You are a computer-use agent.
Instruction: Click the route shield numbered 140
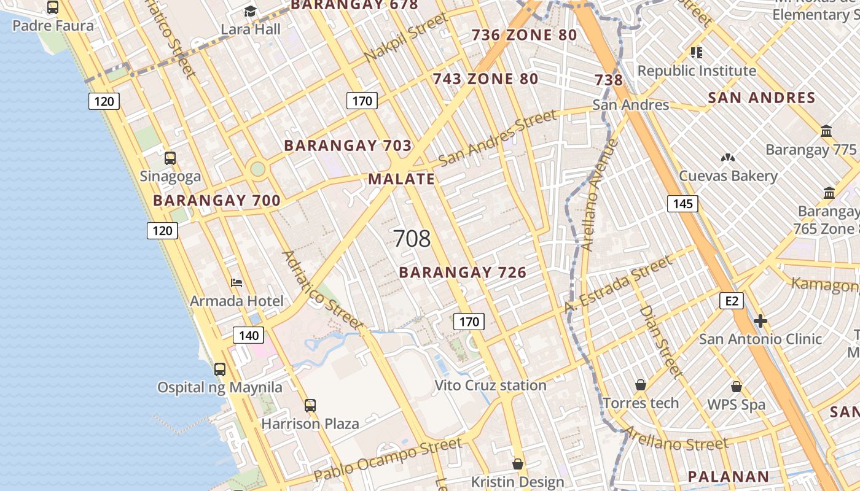249,335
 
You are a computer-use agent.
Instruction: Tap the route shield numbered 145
682,204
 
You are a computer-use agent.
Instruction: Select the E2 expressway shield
732,301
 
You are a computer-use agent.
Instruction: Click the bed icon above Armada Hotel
237,283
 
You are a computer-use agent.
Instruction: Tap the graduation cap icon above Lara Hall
250,11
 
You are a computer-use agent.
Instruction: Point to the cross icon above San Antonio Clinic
760,321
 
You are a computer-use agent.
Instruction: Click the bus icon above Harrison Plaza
310,406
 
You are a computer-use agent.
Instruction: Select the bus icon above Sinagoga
170,158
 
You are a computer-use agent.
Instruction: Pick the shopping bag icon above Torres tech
641,385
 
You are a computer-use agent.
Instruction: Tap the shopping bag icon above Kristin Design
518,463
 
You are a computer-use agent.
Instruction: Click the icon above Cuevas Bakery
728,158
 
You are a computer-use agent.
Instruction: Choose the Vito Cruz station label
490,385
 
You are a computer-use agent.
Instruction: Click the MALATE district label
402,179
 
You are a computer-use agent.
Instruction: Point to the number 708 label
412,239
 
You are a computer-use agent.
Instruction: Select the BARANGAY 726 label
463,273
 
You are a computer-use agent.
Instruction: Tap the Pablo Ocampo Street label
388,460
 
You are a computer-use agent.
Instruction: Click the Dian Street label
661,341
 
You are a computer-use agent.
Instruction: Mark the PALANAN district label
728,476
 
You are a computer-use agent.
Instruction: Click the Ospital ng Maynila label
220,387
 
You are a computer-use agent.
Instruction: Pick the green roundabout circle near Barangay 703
258,168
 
